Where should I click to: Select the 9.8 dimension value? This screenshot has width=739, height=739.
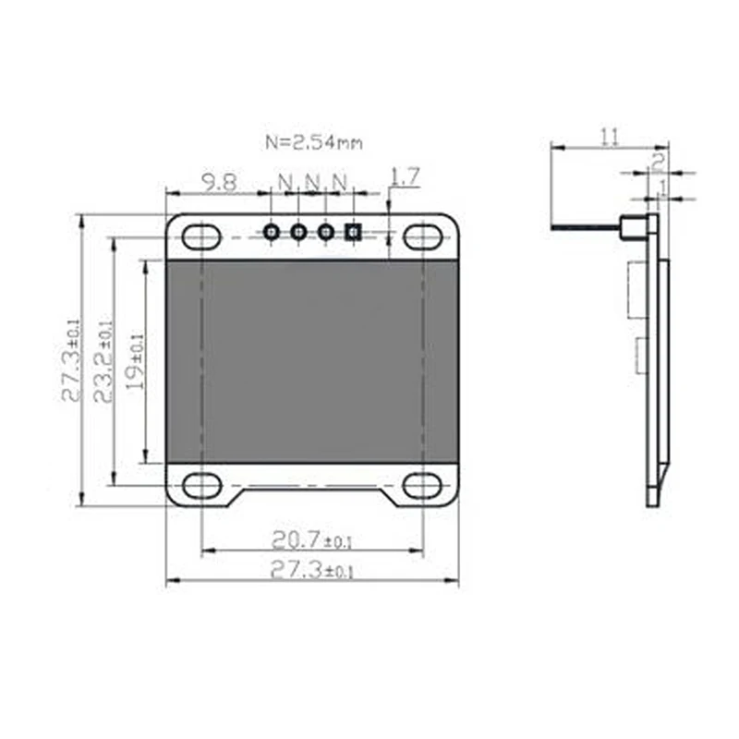tap(218, 182)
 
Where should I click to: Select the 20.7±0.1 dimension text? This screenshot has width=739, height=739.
tap(311, 539)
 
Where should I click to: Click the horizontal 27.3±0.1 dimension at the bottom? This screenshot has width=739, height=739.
tap(311, 570)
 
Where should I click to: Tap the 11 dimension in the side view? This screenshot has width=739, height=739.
tap(609, 137)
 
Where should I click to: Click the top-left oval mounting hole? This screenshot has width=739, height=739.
tap(201, 236)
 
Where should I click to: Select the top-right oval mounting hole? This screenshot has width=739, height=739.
tap(422, 236)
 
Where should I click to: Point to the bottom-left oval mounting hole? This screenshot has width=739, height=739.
tap(201, 485)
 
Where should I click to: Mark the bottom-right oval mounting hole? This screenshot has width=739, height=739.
tap(422, 485)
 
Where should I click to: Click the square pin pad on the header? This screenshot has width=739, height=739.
tap(352, 232)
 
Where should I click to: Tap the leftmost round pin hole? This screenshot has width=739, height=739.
tap(272, 232)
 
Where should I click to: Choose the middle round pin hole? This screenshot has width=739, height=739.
tap(298, 232)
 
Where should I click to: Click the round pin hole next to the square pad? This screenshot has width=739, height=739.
tap(325, 232)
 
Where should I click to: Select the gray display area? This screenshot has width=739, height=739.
tap(311, 360)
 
